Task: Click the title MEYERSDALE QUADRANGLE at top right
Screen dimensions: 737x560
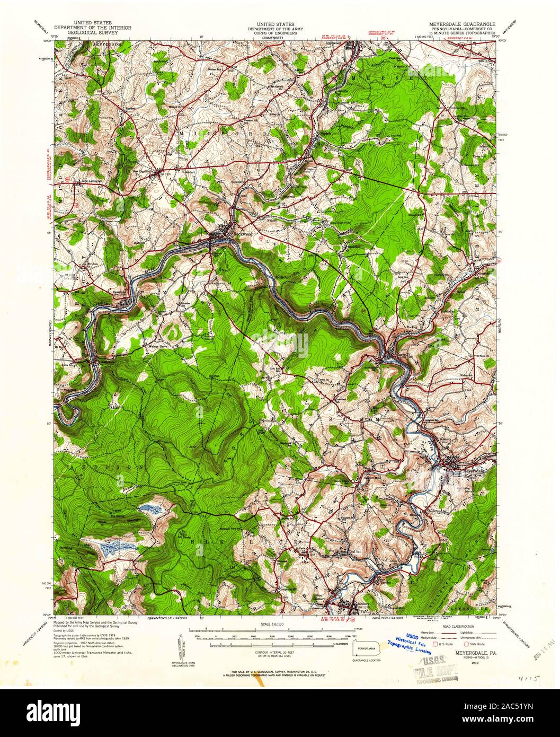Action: [463, 24]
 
